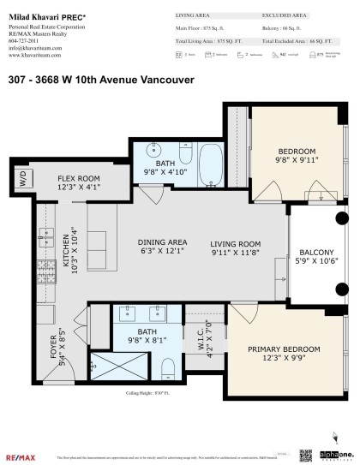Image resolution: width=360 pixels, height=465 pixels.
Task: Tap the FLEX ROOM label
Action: tap(80, 177)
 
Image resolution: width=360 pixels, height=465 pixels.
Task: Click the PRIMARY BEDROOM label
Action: tap(284, 349)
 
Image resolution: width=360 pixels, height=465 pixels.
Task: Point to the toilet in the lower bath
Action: tap(168, 368)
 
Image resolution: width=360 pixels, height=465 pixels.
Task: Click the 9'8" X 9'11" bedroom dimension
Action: tap(297, 158)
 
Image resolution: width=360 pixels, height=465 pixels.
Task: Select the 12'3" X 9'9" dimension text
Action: tap(284, 360)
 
